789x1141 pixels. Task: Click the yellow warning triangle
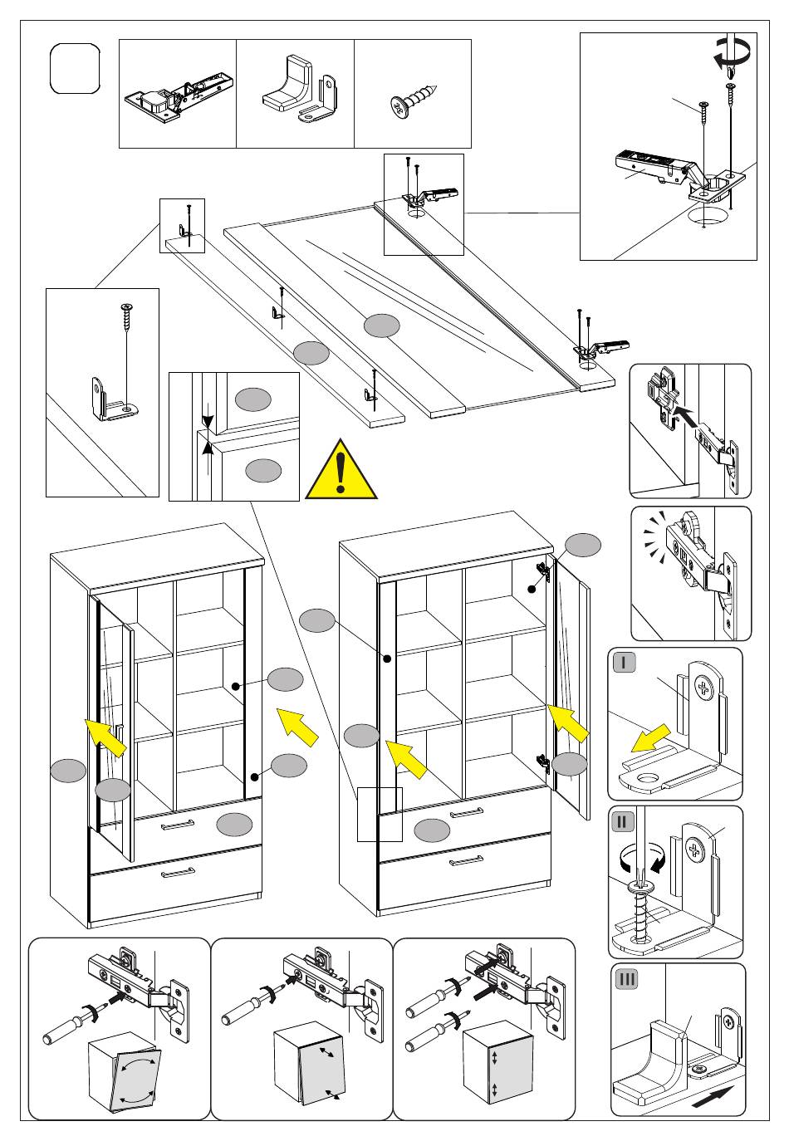pos(341,471)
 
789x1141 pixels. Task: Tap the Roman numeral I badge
pos(625,663)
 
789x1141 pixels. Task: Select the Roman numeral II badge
pos(623,821)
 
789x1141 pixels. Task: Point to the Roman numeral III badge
pos(626,978)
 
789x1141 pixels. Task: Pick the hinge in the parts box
pos(179,95)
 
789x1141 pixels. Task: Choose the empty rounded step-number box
pos(75,69)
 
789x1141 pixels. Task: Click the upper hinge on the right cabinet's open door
pos(543,572)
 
